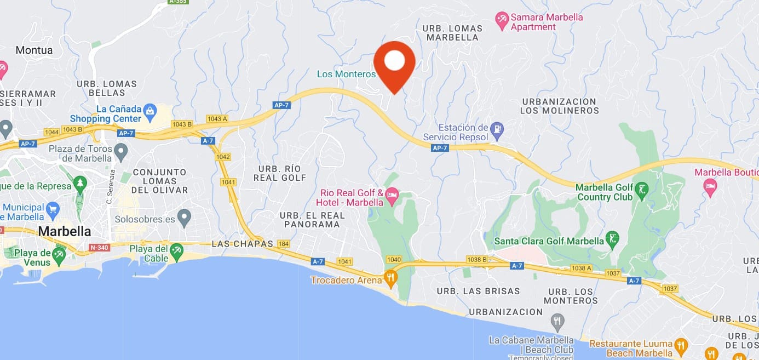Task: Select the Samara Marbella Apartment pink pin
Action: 502,21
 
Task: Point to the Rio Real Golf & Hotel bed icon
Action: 392,195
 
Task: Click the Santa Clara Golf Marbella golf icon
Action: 613,239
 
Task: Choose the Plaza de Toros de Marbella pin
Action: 120,150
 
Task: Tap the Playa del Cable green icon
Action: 176,252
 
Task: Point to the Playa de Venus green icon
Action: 59,255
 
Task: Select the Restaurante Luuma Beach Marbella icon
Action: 681,346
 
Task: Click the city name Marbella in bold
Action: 65,231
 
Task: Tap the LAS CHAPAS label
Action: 242,244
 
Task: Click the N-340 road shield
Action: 99,247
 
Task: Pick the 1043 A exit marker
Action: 217,119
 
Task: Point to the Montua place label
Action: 34,50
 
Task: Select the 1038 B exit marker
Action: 477,260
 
